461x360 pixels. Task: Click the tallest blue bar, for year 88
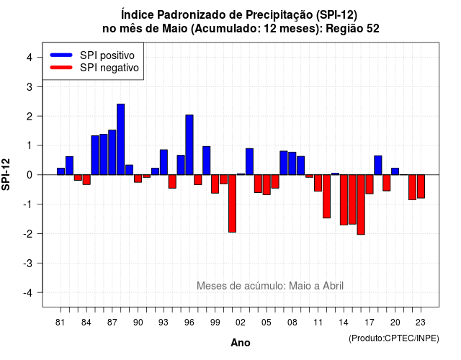120,139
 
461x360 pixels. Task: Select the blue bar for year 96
189,145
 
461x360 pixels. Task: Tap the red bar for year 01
232,203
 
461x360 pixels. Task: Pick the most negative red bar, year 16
361,204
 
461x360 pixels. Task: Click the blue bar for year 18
378,165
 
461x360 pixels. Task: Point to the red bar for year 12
326,197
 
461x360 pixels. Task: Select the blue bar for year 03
249,161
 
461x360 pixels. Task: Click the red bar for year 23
421,186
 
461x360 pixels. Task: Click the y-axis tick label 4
30,58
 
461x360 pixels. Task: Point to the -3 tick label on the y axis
28,264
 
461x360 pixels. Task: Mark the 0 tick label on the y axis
30,175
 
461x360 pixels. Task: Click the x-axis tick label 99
215,323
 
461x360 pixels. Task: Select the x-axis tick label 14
344,323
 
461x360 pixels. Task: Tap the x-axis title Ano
241,343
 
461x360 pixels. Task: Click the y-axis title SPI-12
6,174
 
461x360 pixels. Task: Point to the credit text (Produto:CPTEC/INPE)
394,338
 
